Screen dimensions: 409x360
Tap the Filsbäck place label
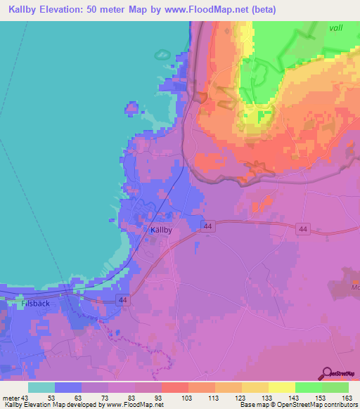[x=35, y=305]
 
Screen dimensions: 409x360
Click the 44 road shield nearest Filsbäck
[x=122, y=300]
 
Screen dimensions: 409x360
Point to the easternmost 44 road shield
[x=302, y=229]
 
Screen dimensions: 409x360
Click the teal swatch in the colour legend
[x=41, y=387]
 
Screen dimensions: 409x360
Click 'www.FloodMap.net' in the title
[x=211, y=10]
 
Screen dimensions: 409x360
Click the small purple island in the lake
[x=131, y=108]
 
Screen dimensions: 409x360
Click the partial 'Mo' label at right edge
[x=354, y=287]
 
